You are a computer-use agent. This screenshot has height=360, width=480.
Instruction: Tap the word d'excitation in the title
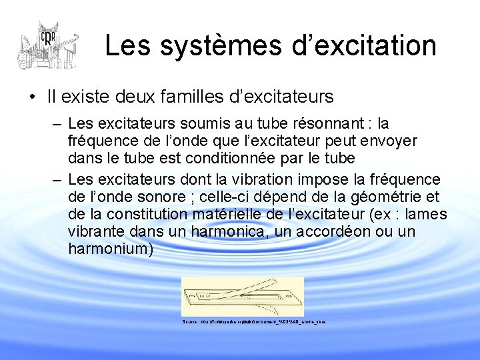359,46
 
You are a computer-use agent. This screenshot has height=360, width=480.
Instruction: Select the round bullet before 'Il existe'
32,97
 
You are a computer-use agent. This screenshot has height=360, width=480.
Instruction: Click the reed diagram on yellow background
242,297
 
